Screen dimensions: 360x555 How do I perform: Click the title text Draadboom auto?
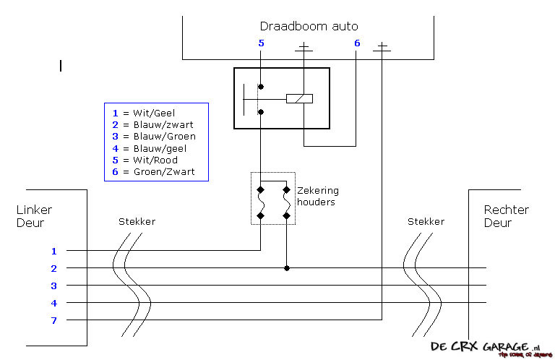[x=309, y=27]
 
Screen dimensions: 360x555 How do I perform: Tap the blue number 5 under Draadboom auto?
[x=261, y=43]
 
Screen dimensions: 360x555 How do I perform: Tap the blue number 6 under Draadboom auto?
[x=356, y=43]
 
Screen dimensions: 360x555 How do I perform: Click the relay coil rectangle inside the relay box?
[x=299, y=98]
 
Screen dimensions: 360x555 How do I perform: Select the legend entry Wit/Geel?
[x=153, y=113]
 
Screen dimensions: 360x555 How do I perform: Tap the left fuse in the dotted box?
[x=260, y=203]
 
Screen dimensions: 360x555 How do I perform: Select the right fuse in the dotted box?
[x=286, y=203]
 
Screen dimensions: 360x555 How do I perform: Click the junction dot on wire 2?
[x=287, y=268]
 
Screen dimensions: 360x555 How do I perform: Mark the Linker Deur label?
[x=34, y=216]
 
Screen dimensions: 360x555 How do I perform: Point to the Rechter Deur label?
[x=507, y=216]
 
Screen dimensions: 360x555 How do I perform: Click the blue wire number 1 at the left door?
[x=53, y=252]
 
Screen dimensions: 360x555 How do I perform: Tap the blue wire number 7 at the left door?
[x=53, y=320]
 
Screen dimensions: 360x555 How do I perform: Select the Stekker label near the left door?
[x=137, y=221]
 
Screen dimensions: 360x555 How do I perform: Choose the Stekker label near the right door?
[x=426, y=221]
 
